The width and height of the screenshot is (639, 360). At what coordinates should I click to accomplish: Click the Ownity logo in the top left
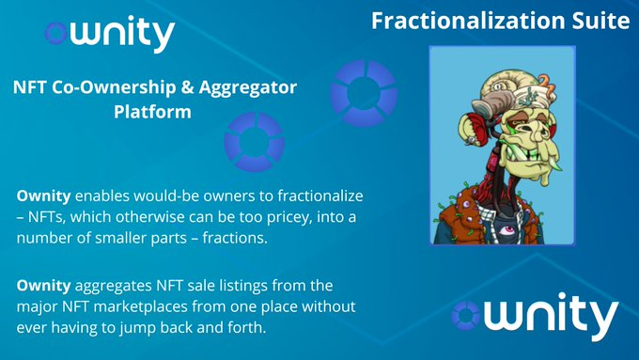click(109, 34)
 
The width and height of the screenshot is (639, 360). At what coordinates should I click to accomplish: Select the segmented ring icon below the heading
click(254, 142)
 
